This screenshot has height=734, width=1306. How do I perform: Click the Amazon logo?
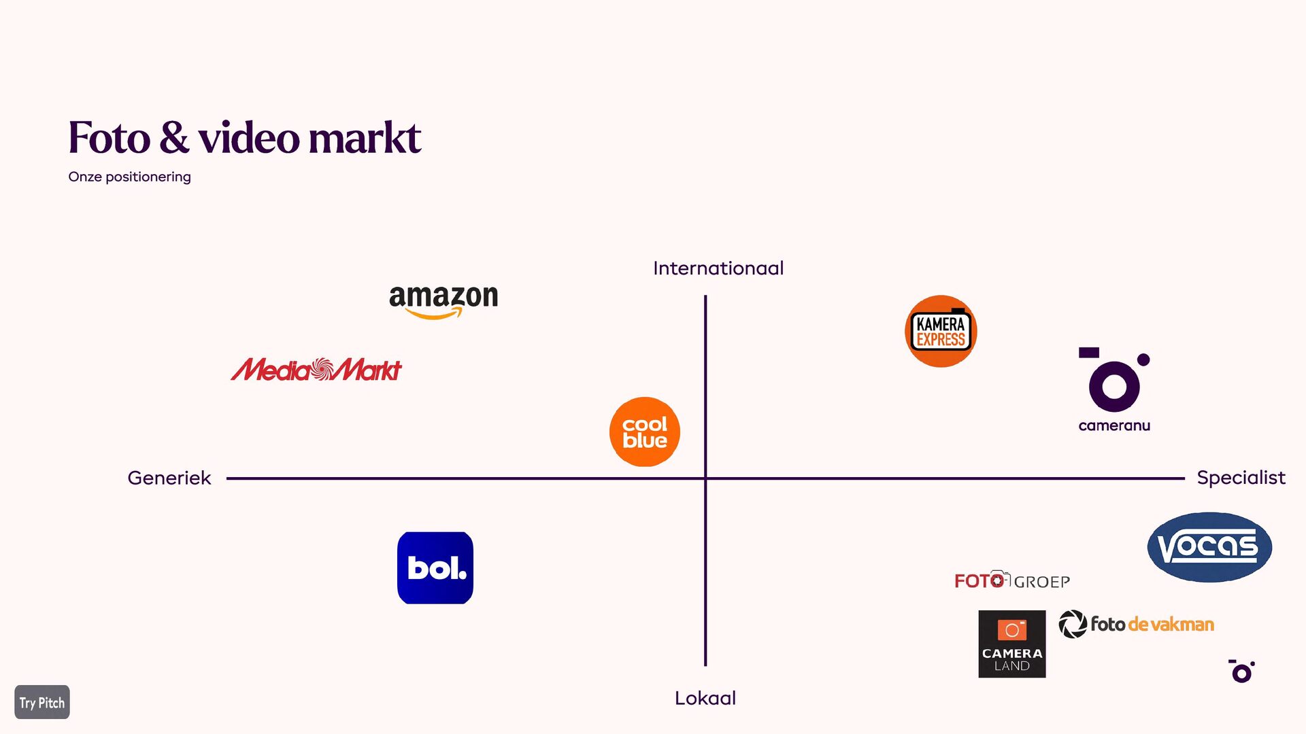443,300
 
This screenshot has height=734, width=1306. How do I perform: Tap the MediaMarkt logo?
316,370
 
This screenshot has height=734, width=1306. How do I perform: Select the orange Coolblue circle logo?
645,432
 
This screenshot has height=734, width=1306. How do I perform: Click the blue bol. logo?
435,568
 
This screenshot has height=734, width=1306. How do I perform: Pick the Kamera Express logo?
941,332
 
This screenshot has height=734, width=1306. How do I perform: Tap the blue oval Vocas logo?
1209,547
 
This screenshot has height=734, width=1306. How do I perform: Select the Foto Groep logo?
1012,580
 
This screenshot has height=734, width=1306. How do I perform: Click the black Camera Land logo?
1012,644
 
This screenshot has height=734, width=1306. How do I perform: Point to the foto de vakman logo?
1137,624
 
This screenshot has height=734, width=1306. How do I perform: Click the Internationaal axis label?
718,268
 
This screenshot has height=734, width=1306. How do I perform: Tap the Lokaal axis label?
705,698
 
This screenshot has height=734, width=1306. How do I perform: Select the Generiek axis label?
169,478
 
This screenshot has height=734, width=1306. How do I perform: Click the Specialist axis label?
1241,478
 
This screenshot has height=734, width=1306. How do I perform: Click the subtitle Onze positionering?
129,177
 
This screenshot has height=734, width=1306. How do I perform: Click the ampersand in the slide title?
174,137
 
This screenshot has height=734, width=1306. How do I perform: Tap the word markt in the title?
365,137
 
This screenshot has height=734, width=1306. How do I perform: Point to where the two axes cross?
705,478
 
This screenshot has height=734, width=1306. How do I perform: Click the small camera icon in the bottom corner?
1242,671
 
